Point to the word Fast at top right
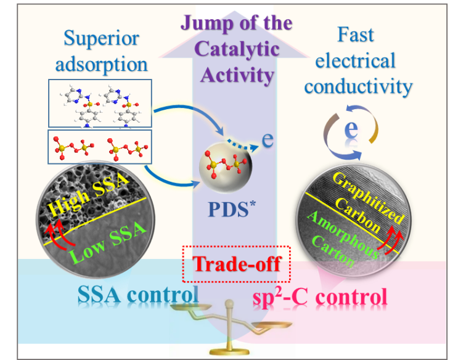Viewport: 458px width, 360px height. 356,35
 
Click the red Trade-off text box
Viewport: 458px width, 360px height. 236,264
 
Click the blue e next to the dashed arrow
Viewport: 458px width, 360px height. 267,138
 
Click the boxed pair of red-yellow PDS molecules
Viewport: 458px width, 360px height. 99,147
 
